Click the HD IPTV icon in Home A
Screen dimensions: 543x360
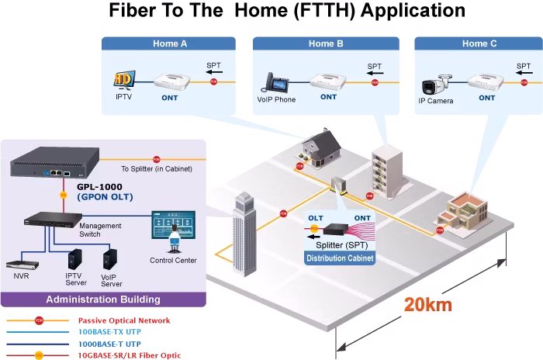tap(124, 80)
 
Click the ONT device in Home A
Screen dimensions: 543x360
tap(171, 82)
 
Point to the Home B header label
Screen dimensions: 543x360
tap(326, 43)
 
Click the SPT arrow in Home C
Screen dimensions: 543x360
tap(524, 73)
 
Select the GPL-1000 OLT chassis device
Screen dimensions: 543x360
tap(55, 162)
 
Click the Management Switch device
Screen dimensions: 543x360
tap(53, 220)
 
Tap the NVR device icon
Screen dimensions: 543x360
tap(22, 265)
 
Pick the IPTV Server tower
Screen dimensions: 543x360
tap(74, 259)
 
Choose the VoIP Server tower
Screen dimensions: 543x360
tap(110, 259)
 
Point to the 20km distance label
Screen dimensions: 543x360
tap(428, 305)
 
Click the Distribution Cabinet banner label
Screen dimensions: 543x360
tap(340, 258)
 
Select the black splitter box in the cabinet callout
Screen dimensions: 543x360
tap(336, 229)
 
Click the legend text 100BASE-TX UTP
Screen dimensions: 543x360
tap(110, 332)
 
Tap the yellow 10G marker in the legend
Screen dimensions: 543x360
tap(39, 355)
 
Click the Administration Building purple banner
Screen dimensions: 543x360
tap(103, 299)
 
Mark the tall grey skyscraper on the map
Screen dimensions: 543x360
tap(245, 234)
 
